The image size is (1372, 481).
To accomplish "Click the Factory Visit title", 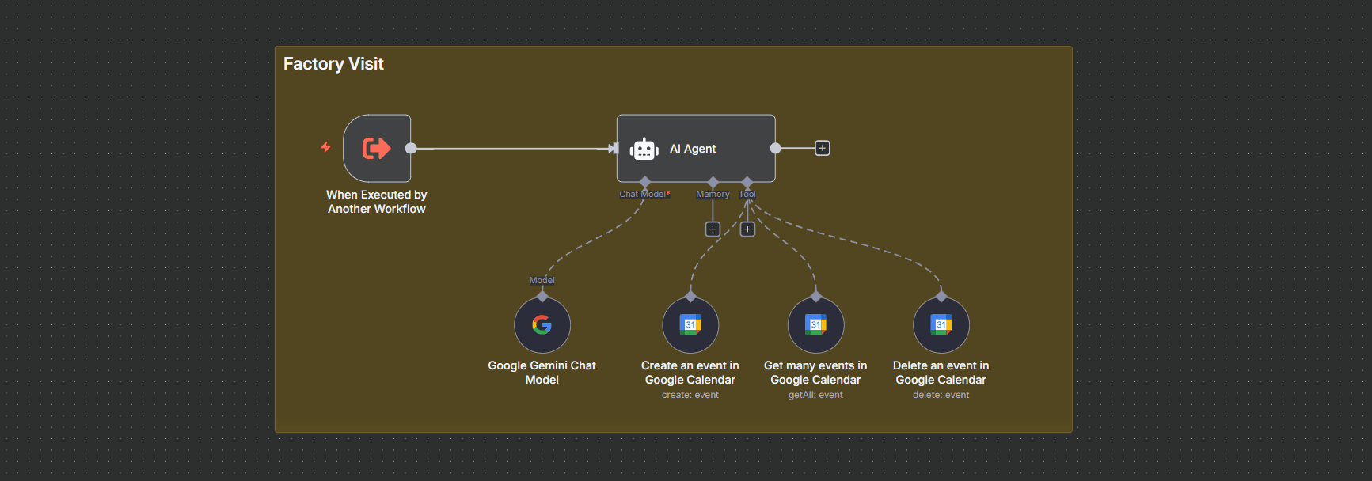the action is click(x=333, y=64).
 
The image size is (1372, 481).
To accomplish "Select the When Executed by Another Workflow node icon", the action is click(x=377, y=148).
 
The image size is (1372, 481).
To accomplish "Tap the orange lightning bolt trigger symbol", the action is click(x=325, y=146).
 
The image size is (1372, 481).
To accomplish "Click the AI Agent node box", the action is click(x=696, y=148).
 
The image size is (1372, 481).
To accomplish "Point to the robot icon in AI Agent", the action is click(x=644, y=149).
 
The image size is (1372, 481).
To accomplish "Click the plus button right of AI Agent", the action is click(x=823, y=148).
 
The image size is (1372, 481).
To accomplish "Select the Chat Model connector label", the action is click(x=644, y=194).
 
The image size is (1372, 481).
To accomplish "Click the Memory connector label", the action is click(x=713, y=194).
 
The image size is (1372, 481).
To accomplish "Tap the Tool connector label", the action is click(x=747, y=194).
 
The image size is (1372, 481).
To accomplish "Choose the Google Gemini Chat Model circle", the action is click(x=542, y=325).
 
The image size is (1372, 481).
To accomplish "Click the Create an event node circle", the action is click(x=690, y=325).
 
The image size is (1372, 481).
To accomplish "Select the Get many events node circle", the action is click(x=815, y=325).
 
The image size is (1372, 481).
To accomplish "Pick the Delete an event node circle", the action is click(x=941, y=325).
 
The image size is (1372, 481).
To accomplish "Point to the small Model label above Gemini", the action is click(x=542, y=280).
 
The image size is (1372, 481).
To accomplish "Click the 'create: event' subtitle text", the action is click(x=690, y=395).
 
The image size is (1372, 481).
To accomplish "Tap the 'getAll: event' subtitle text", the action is click(x=815, y=395).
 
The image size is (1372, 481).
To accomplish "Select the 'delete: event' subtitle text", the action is click(x=941, y=395).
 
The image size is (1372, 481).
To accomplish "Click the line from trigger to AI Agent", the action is click(x=514, y=148).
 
